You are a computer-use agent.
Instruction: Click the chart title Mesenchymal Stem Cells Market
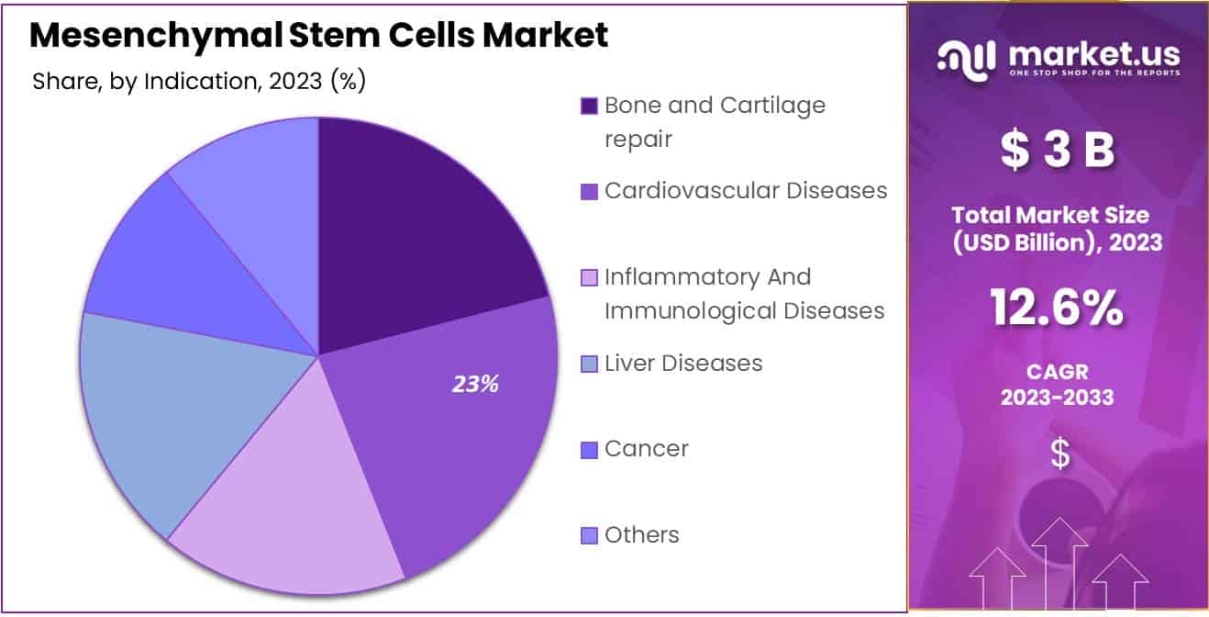coord(318,35)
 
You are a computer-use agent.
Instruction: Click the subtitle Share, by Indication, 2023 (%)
coord(199,82)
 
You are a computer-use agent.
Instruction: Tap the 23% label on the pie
coord(475,385)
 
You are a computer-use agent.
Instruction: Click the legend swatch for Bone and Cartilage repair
coord(589,107)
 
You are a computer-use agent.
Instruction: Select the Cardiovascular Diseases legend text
coord(746,191)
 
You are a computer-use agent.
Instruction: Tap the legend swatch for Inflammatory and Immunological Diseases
coord(589,277)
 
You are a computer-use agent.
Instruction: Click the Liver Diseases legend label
coord(683,364)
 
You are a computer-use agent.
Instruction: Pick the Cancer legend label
coord(647,449)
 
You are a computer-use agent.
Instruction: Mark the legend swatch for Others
coord(589,535)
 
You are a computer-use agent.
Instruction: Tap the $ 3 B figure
coord(1059,151)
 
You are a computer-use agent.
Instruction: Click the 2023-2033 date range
coord(1059,398)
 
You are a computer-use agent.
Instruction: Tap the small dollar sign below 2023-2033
coord(1059,454)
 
